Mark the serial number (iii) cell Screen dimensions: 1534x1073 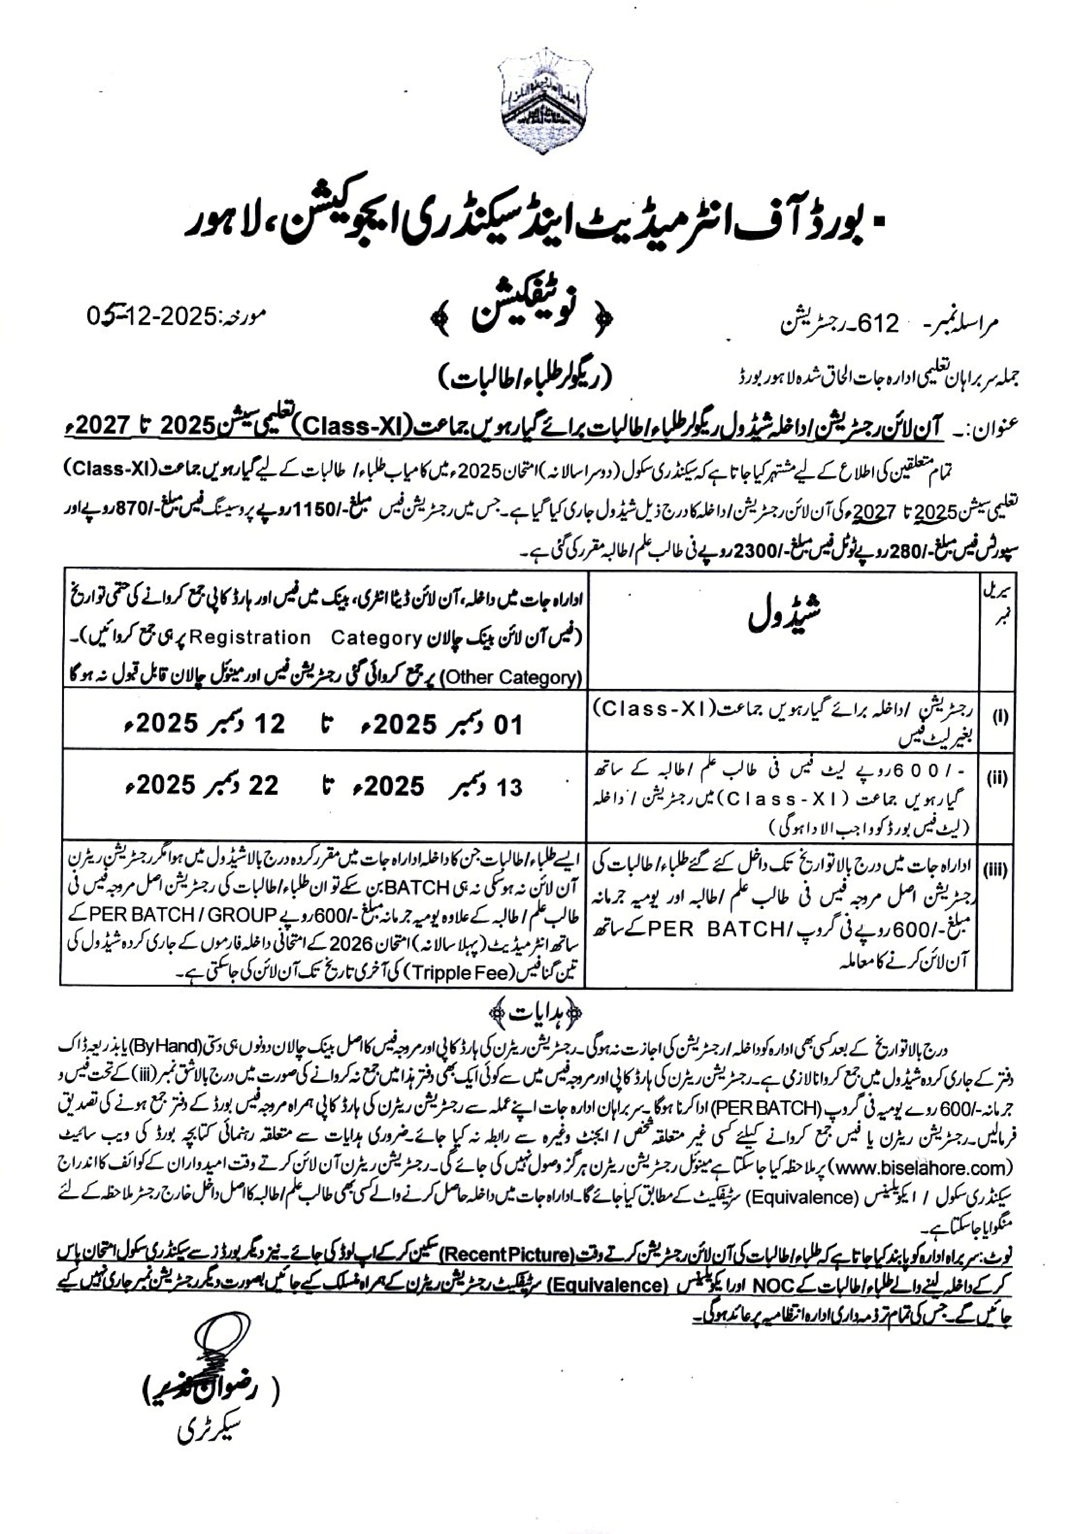point(997,870)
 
